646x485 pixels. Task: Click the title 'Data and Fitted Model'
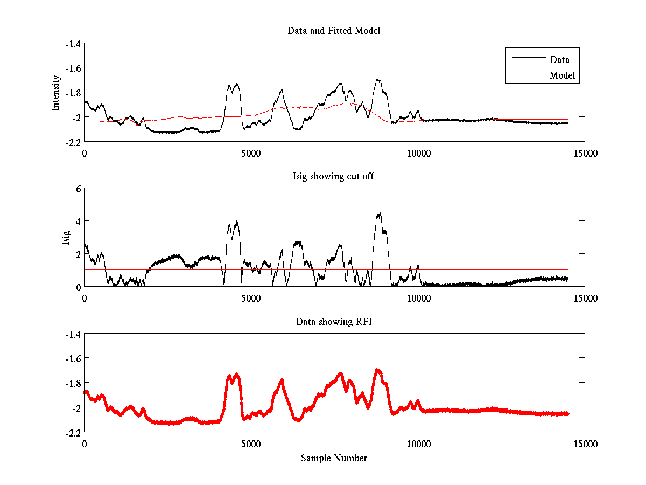click(334, 31)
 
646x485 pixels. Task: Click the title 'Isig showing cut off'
click(334, 176)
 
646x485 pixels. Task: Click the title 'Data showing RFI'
click(334, 322)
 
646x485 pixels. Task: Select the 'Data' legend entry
click(559, 60)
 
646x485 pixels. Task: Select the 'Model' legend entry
click(562, 75)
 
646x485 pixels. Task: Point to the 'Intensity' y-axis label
click(55, 93)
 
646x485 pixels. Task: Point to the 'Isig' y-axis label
click(66, 238)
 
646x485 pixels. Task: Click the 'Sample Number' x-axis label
click(334, 458)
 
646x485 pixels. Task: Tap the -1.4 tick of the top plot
click(73, 44)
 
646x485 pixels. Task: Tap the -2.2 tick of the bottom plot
click(73, 432)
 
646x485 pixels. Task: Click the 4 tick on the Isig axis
click(78, 221)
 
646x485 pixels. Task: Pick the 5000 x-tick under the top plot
click(251, 153)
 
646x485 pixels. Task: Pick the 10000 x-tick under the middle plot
click(418, 298)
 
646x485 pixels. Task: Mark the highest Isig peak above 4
click(380, 214)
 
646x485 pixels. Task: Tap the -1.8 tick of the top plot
click(73, 92)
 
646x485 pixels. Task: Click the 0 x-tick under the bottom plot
click(85, 444)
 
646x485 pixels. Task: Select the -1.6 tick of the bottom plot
click(73, 358)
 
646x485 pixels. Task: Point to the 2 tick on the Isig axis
click(78, 254)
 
